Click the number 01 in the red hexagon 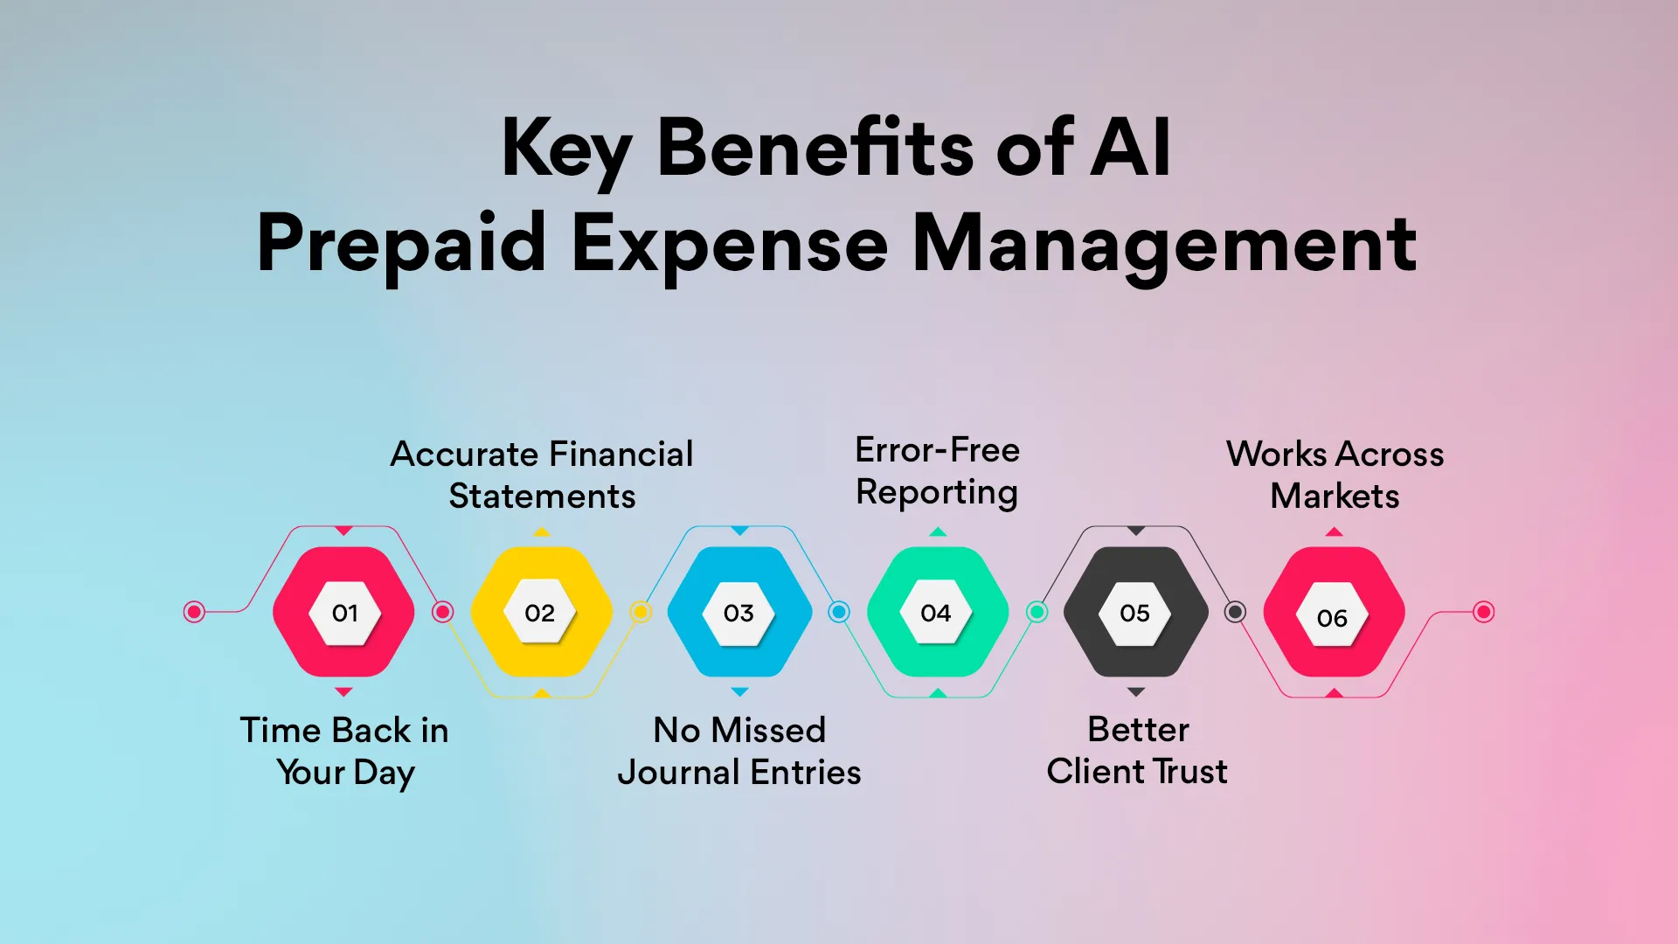(344, 613)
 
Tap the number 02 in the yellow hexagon (539, 613)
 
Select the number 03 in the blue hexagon (738, 613)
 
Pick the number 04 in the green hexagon (935, 613)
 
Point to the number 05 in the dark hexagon (1134, 613)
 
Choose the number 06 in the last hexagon (1332, 618)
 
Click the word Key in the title (565, 149)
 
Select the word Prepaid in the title (402, 245)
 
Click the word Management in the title (1164, 245)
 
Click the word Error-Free (937, 450)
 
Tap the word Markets (1335, 496)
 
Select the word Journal (679, 774)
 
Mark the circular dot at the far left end (194, 612)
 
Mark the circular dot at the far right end (1483, 612)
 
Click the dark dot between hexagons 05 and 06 (1235, 612)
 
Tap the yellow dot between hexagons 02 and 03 (641, 612)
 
